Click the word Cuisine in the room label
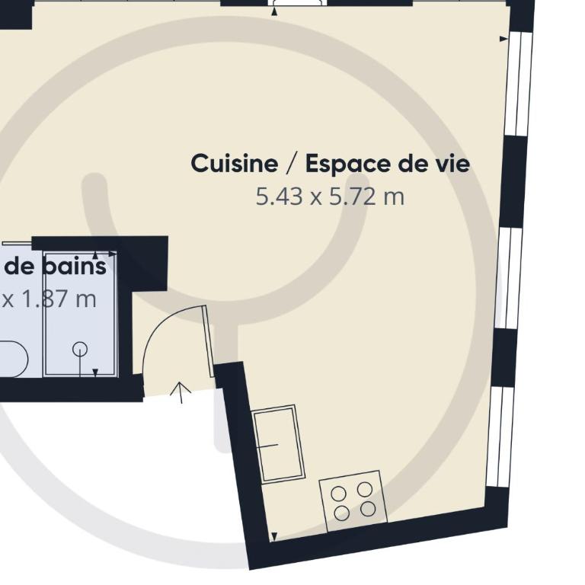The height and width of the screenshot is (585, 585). (x=235, y=164)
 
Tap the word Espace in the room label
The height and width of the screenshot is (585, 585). (x=348, y=165)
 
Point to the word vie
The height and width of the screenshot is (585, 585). (x=451, y=164)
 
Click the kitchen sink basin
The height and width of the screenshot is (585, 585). (x=279, y=444)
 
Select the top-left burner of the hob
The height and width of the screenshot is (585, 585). (x=338, y=494)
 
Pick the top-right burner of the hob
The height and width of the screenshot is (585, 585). (x=365, y=490)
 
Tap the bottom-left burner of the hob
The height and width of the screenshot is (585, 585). (x=341, y=513)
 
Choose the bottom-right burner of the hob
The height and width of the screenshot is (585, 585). (x=368, y=509)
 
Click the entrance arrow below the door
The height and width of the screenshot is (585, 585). (x=181, y=392)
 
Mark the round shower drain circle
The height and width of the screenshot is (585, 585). (x=80, y=349)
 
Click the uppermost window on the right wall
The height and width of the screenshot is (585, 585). (x=518, y=84)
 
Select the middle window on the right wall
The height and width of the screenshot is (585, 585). (x=509, y=278)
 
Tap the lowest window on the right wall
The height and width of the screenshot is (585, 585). (x=500, y=437)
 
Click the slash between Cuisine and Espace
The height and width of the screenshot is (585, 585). (x=292, y=165)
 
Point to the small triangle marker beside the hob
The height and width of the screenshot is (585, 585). (x=274, y=536)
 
